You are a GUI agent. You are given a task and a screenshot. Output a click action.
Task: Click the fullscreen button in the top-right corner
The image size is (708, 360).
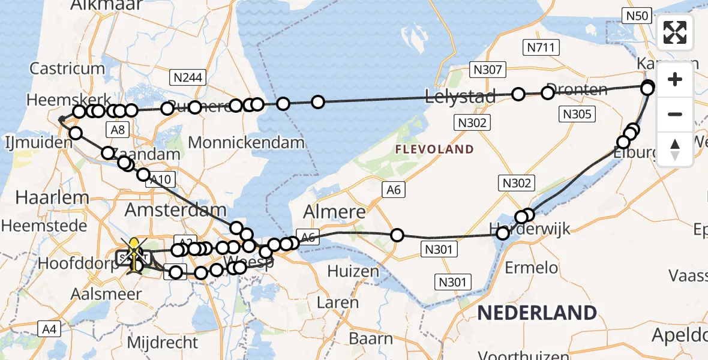click(x=675, y=32)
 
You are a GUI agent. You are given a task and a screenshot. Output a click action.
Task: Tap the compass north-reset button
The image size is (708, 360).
click(x=675, y=149)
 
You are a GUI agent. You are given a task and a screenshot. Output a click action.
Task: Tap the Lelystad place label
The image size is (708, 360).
click(x=460, y=96)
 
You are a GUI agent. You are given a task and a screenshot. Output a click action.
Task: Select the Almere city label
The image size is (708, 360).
click(x=335, y=212)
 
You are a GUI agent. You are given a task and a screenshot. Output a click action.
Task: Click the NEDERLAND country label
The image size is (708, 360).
click(x=537, y=313)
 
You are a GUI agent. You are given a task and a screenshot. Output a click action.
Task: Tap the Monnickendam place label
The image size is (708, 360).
click(x=247, y=143)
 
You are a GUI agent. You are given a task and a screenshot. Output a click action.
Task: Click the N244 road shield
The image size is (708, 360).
click(x=188, y=77)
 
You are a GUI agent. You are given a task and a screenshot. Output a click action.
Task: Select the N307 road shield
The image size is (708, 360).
click(x=487, y=70)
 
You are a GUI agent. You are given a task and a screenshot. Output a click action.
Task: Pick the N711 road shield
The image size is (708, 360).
click(x=541, y=47)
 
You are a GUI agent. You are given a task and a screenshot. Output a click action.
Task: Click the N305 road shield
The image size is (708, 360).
click(x=577, y=114)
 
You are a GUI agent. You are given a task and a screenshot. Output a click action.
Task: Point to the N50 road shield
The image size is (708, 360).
click(x=637, y=16)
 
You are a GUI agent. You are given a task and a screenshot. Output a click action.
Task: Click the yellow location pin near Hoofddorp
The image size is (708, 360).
click(x=134, y=246)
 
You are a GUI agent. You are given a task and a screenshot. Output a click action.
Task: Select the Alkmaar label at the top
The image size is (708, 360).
click(x=106, y=5)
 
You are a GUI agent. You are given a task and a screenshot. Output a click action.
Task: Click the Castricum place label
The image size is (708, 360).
click(x=67, y=68)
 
